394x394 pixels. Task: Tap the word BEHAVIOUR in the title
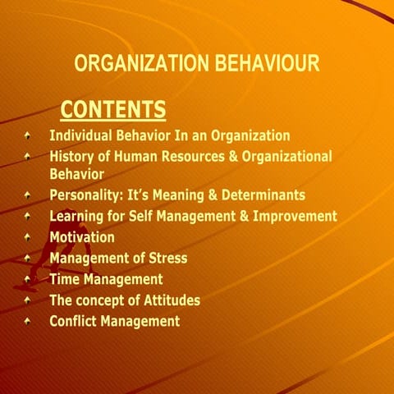click(x=263, y=64)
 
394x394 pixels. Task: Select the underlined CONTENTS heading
click(x=113, y=109)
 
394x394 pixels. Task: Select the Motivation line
click(x=82, y=237)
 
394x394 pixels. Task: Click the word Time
click(x=66, y=279)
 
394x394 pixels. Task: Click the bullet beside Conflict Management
click(x=29, y=321)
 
